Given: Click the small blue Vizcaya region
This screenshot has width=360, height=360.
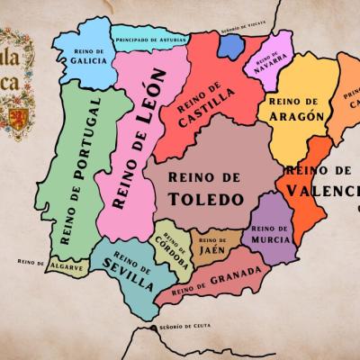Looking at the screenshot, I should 231,48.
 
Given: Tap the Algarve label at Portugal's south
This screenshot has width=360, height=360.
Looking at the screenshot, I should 67,266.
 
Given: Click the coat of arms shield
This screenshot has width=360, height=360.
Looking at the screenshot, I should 17,118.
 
